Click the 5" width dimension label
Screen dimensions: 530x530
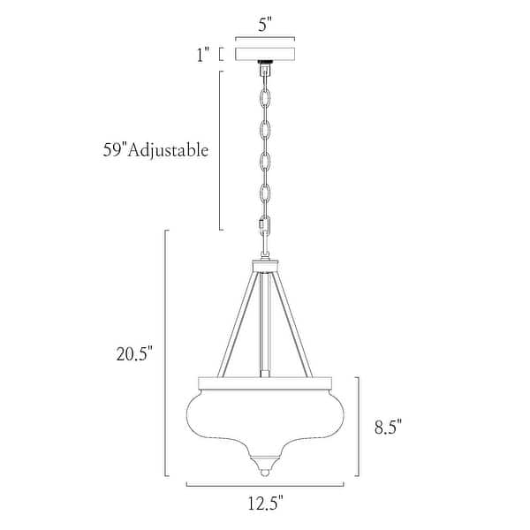point(264,24)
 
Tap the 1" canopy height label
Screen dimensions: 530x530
point(204,56)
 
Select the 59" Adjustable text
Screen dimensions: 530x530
point(155,150)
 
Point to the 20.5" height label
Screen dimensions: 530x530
point(134,354)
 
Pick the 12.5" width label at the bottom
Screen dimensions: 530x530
point(265,504)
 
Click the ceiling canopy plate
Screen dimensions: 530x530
point(264,55)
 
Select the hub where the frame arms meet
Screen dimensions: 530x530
point(264,264)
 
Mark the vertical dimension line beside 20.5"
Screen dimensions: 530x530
point(167,353)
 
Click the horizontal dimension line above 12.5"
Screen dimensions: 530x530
point(264,485)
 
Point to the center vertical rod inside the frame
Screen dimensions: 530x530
point(264,327)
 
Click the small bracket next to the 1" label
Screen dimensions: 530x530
point(221,55)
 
